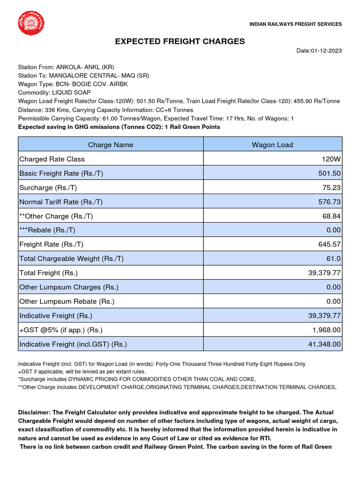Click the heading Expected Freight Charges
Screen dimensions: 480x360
point(180,42)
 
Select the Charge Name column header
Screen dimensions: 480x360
point(110,145)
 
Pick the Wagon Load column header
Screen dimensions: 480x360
point(272,145)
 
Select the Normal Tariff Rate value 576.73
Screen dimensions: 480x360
point(330,202)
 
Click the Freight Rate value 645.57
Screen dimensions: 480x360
point(330,244)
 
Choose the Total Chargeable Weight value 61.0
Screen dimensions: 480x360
point(334,259)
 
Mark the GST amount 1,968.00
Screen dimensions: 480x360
point(326,330)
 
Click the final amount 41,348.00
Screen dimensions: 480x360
point(324,345)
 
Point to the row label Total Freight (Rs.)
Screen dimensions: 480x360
point(48,273)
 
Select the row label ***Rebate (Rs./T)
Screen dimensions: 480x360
point(47,230)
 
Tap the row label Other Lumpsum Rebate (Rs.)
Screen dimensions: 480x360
point(67,301)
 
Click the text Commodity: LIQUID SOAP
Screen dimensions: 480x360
point(54,93)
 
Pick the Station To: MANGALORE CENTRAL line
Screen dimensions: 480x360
point(83,75)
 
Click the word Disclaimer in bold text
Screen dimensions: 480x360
point(35,412)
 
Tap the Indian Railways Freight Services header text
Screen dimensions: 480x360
point(295,24)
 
